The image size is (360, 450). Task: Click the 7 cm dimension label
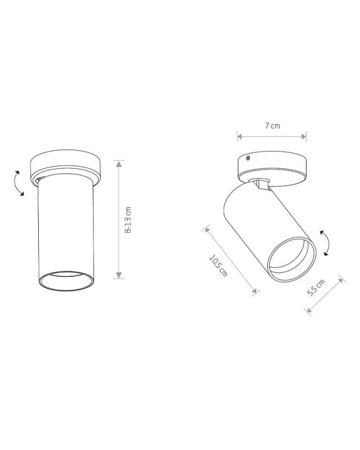click(272, 125)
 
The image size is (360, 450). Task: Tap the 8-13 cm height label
click(128, 220)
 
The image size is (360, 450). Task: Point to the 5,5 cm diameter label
click(316, 287)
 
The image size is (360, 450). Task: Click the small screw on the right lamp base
click(247, 157)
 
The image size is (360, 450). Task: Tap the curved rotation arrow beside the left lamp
click(19, 183)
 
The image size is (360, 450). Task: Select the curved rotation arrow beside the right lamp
click(325, 242)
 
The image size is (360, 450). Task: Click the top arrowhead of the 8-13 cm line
click(119, 164)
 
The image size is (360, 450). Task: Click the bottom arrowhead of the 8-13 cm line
click(119, 275)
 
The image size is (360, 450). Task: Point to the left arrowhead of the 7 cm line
click(240, 137)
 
